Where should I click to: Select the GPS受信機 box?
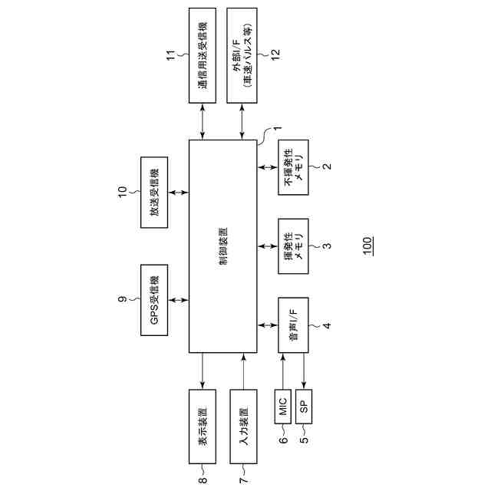pyautogui.click(x=156, y=300)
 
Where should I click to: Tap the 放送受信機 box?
pyautogui.click(x=156, y=192)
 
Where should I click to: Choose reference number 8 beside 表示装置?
pyautogui.click(x=203, y=481)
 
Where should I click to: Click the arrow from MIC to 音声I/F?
pyautogui.click(x=283, y=371)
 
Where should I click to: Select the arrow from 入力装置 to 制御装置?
pyautogui.click(x=243, y=372)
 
